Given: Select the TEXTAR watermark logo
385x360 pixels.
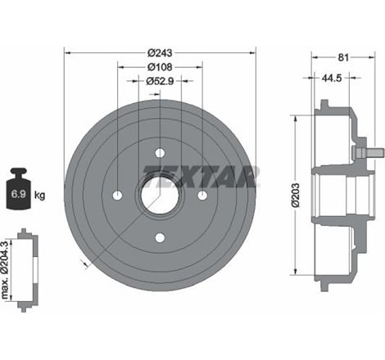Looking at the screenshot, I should [x=202, y=173].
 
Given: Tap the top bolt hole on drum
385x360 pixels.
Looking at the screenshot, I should [x=159, y=151].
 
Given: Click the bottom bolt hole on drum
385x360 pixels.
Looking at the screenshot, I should [x=159, y=237].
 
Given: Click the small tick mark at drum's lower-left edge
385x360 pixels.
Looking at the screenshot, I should [x=84, y=262].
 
